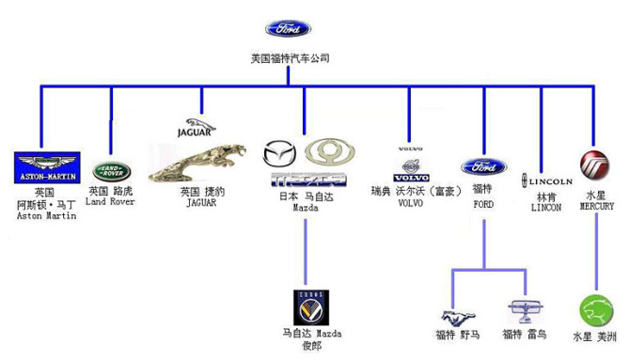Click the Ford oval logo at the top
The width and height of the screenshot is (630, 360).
pos(288,29)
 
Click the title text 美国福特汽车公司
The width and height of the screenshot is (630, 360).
pos(289,59)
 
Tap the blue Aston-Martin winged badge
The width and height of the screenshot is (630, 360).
pos(48,166)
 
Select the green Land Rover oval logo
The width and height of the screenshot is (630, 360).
pos(112,171)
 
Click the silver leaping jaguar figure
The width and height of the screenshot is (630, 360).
pos(200,164)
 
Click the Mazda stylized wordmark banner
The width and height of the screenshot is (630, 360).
pos(308,179)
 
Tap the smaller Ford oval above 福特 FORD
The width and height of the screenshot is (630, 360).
pos(483,167)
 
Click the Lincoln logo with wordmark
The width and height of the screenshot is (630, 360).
pos(546,180)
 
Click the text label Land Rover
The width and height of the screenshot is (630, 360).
pos(110,201)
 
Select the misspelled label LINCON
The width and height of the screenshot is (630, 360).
pos(546,207)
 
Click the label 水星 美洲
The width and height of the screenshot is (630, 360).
pos(595,336)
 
